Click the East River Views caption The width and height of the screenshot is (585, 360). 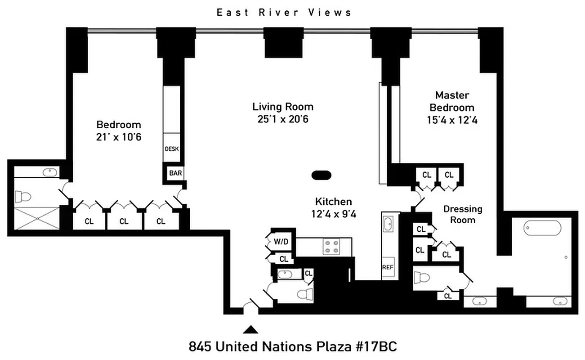[x=284, y=13]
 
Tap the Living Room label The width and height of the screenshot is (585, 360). [x=283, y=107]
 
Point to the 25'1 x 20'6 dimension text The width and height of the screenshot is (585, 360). [x=283, y=119]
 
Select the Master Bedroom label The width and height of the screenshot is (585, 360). [x=451, y=101]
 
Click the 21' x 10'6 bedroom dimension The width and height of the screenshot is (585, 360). [x=119, y=137]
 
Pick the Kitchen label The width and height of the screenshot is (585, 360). [x=333, y=202]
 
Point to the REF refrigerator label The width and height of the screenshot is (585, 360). [x=388, y=267]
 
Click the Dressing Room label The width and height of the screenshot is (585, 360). [x=463, y=214]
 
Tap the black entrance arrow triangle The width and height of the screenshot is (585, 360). [x=251, y=330]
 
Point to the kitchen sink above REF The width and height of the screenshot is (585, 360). [x=388, y=223]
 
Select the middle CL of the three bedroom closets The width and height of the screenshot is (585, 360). [x=124, y=221]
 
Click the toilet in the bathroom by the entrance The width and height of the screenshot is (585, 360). [x=304, y=294]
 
